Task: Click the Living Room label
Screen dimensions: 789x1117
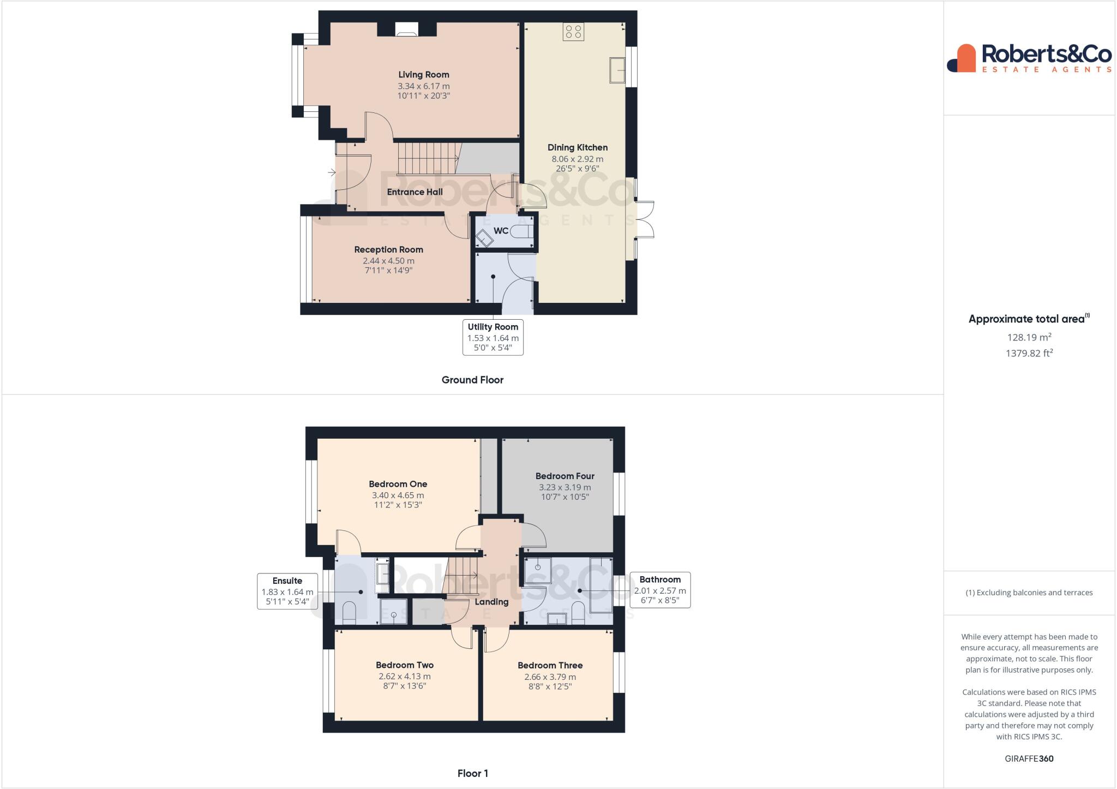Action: [423, 75]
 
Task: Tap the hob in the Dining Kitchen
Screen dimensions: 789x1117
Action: [573, 32]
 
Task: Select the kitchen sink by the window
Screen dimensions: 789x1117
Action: [617, 70]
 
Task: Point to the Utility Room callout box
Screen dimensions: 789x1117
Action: [493, 337]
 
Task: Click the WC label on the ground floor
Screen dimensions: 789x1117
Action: [501, 231]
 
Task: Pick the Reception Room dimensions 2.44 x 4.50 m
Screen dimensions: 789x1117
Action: [388, 261]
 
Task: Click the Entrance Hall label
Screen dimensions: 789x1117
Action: [415, 192]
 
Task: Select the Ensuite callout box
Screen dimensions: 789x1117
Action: [287, 591]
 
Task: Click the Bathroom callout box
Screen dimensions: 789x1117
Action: [660, 590]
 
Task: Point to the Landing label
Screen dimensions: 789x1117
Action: [491, 602]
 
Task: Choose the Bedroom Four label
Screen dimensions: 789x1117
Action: [564, 476]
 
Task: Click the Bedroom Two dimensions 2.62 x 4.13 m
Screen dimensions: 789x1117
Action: [404, 677]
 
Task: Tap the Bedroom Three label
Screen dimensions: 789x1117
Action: [550, 665]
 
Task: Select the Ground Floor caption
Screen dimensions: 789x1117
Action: [472, 380]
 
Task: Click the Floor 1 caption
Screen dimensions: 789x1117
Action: [472, 773]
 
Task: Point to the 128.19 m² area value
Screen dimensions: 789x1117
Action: [1029, 337]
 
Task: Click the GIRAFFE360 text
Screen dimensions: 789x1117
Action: [1029, 758]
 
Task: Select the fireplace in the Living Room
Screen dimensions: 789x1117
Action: [406, 30]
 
